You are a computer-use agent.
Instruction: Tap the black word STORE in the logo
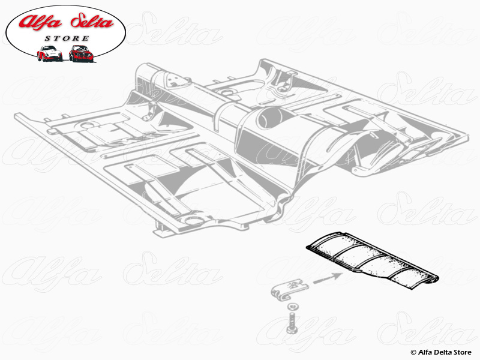pyautogui.click(x=66, y=38)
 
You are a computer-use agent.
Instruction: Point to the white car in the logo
pyautogui.click(x=49, y=53)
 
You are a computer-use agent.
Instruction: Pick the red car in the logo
pyautogui.click(x=81, y=53)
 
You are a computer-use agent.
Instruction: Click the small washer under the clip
pyautogui.click(x=291, y=309)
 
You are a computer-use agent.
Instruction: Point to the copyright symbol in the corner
pyautogui.click(x=413, y=352)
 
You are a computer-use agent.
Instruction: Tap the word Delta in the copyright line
pyautogui.click(x=445, y=352)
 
